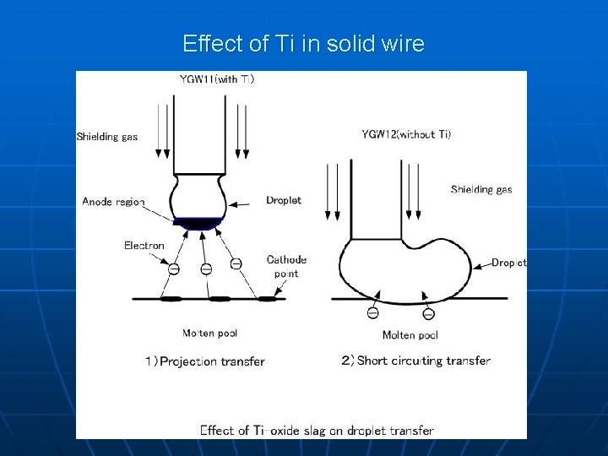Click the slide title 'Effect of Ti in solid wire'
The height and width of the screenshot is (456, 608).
pos(303,44)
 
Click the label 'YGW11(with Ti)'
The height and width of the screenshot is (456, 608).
pos(217,79)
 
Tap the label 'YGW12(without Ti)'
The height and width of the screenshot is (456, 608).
pos(406,134)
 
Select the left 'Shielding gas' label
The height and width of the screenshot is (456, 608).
pos(107,137)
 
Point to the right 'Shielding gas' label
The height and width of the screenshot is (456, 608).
pos(481,189)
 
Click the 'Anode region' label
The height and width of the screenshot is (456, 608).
pos(113,202)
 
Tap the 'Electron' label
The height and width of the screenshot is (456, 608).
pos(144,246)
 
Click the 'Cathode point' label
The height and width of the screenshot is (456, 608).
pos(286,267)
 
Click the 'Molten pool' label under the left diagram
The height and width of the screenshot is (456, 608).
pos(209,334)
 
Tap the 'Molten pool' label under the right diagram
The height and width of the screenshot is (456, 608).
pos(410,335)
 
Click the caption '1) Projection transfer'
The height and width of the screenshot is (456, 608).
pos(204,361)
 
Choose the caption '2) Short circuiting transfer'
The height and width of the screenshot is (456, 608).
pos(415,361)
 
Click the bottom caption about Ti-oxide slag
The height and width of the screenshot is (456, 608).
pos(317,430)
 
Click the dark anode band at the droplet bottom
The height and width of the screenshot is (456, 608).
pos(198,223)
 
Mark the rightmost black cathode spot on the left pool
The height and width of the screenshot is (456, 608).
pos(269,298)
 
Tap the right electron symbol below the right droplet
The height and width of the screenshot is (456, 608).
pos(428,314)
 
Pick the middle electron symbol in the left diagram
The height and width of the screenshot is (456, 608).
pos(205,269)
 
